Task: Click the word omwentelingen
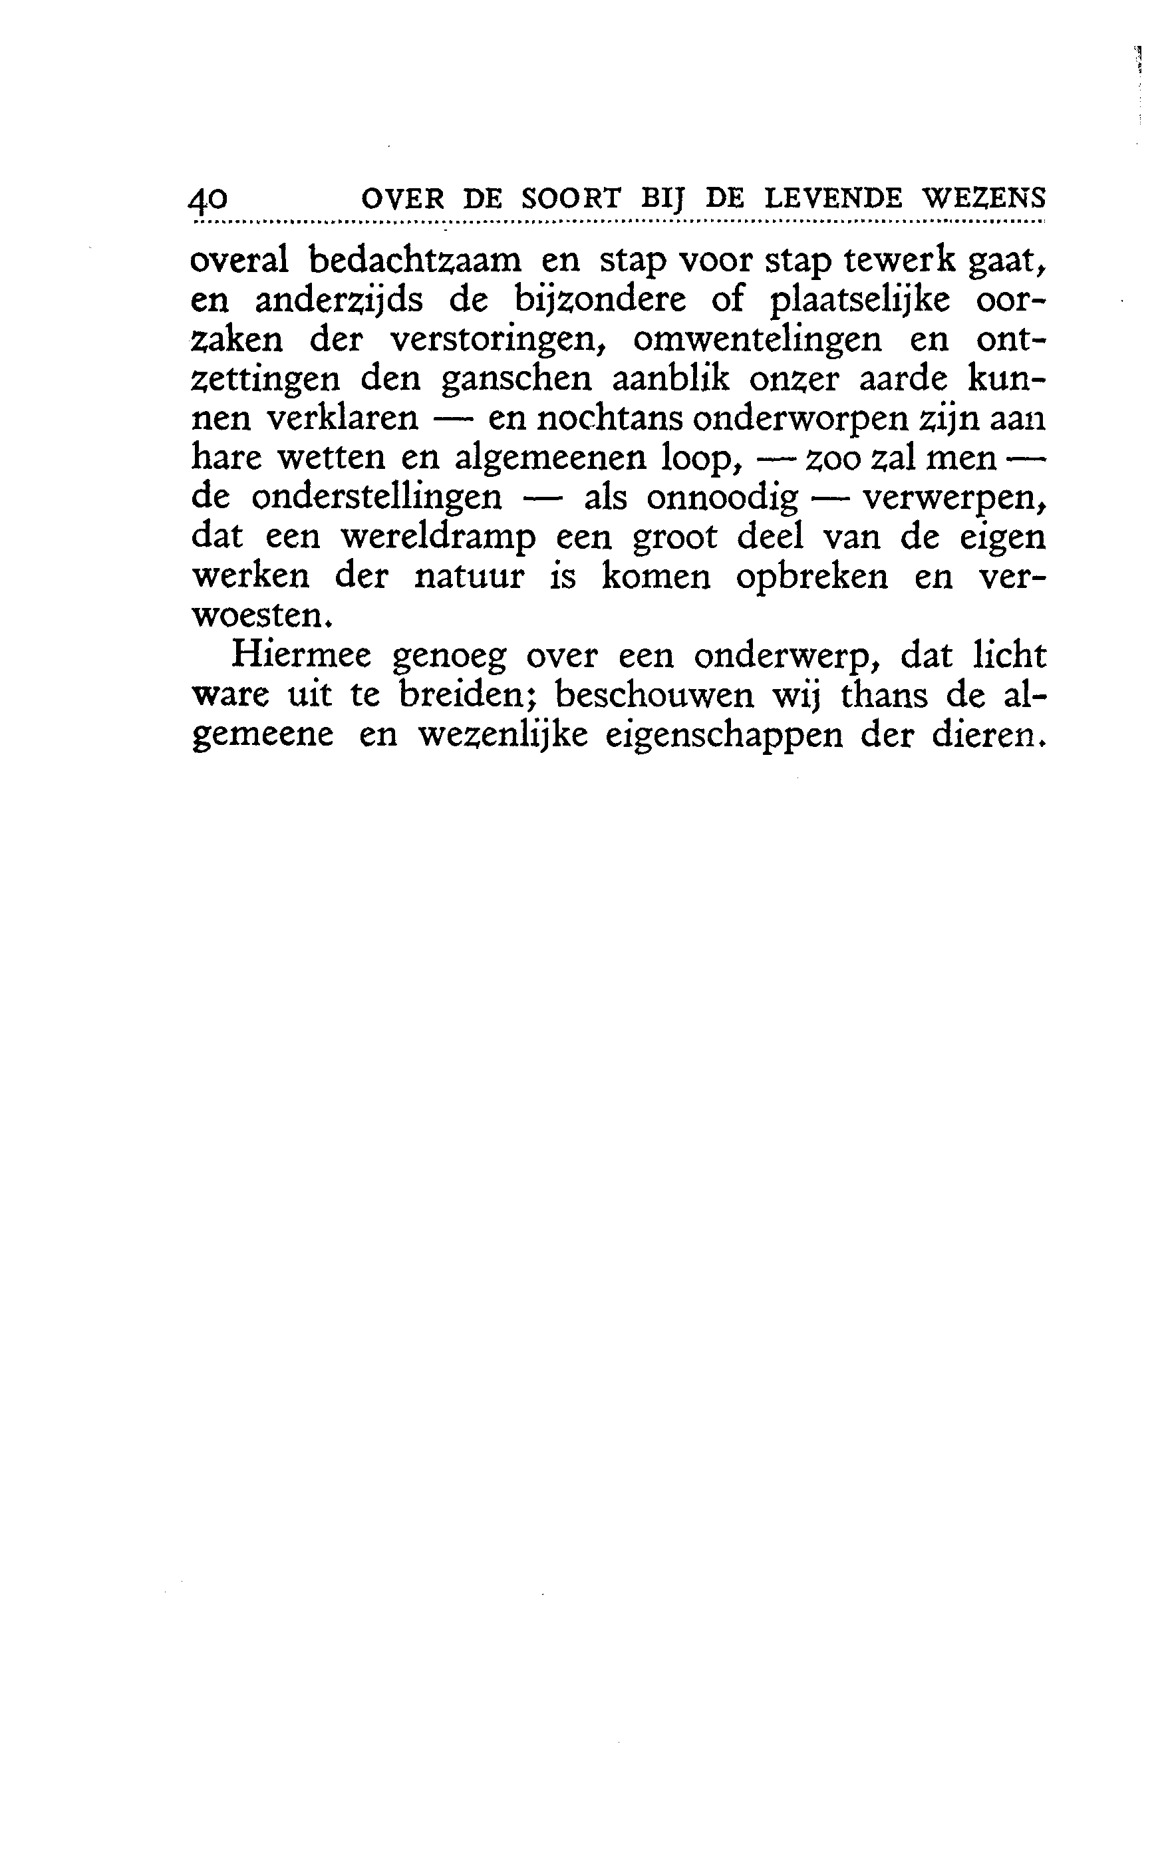758,340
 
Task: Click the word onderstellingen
377,498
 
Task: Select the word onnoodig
723,500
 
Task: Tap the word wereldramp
439,537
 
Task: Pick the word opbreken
812,577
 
